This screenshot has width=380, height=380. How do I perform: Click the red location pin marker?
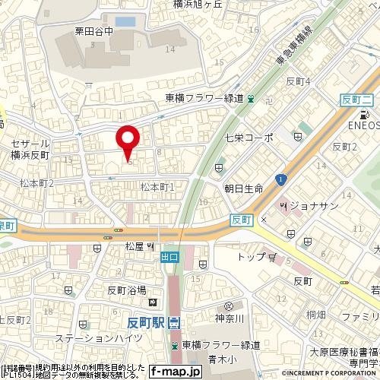pos(127,140)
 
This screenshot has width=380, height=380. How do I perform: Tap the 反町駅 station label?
pos(147,322)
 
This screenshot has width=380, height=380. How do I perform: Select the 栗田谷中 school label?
pos(97,33)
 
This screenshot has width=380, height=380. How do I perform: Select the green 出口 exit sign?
pos(169,257)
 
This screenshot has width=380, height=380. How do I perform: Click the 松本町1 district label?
pos(158,186)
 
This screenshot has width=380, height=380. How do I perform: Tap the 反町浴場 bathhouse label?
pos(126,290)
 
